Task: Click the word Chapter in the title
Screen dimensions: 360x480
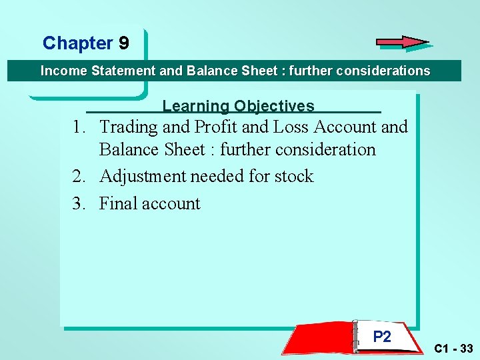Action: [x=77, y=43]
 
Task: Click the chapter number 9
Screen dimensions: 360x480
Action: [x=124, y=43]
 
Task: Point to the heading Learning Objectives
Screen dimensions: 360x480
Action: [x=238, y=106]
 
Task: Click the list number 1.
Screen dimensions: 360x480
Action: [x=79, y=127]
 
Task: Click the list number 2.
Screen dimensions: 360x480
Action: [x=79, y=177]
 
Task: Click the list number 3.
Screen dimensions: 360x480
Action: [x=79, y=203]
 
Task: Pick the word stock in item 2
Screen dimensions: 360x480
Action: [x=293, y=177]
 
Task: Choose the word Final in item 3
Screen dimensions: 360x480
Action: [x=119, y=203]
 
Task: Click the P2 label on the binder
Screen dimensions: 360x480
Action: [x=382, y=337]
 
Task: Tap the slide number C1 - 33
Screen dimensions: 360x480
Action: [x=453, y=349]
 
